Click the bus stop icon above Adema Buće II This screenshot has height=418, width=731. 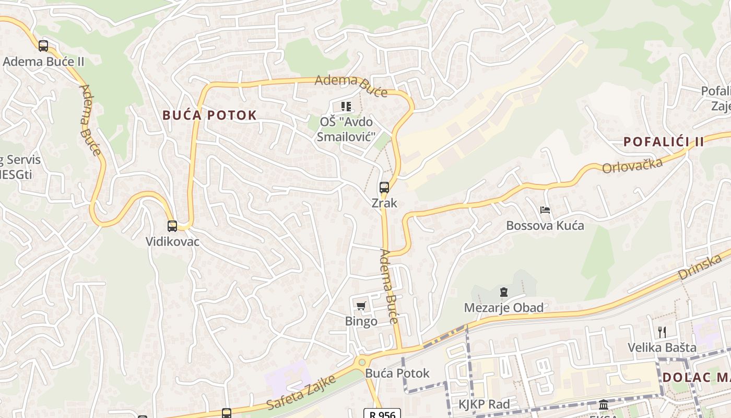[x=43, y=46]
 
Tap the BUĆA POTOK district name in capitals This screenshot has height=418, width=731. [x=209, y=115]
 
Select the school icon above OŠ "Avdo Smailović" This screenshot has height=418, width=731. [x=346, y=107]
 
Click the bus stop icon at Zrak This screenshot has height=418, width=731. [x=384, y=187]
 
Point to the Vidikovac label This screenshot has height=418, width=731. [x=172, y=242]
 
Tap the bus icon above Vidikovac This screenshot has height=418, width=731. [x=172, y=226]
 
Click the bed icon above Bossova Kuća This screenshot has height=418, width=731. [x=545, y=210]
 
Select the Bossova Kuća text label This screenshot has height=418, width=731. [x=545, y=226]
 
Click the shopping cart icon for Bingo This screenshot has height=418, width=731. [x=361, y=306]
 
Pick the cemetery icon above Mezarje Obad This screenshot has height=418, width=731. [x=504, y=292]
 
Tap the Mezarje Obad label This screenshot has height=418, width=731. [x=504, y=308]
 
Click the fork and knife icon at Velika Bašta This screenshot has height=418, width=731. [x=662, y=332]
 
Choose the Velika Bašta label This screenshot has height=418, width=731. [x=662, y=347]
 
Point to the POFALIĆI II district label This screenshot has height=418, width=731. [x=664, y=142]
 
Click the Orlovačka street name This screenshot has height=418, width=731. [x=632, y=165]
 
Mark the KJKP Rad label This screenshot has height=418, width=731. [x=484, y=404]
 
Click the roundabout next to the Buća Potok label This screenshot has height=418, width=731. [x=361, y=362]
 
